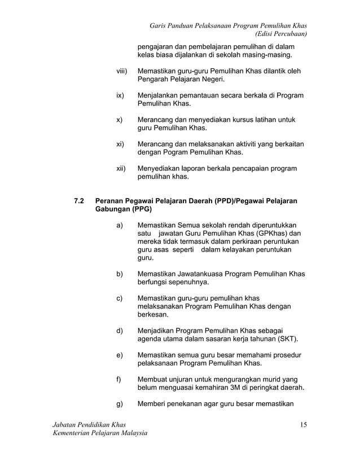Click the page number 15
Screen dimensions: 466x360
(303, 424)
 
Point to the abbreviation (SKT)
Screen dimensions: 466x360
(287, 338)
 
